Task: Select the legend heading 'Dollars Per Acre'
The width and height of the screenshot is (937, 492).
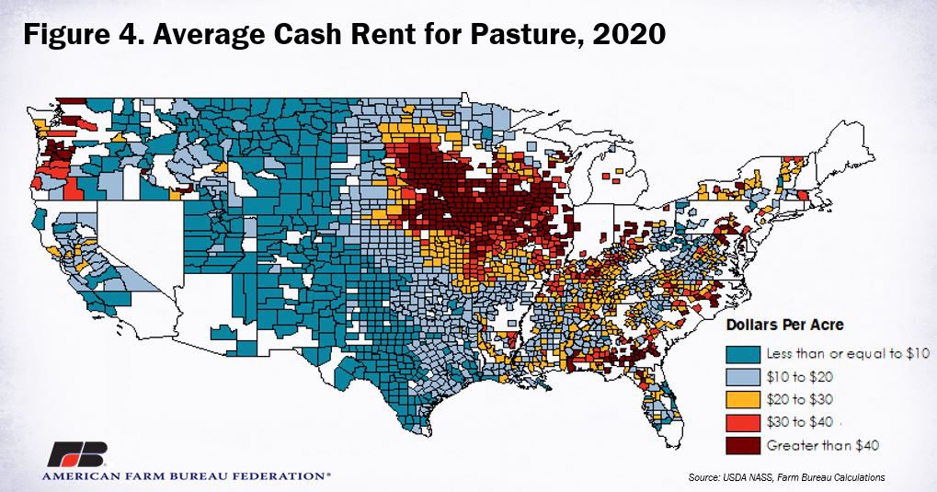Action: click(x=785, y=325)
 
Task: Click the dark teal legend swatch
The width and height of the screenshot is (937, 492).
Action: click(x=743, y=353)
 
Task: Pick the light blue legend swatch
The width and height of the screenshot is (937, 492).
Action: click(x=743, y=376)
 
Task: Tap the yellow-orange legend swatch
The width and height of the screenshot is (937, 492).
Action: click(x=743, y=399)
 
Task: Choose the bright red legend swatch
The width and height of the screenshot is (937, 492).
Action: click(x=743, y=422)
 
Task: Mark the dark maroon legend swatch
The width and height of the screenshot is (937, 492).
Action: click(x=743, y=445)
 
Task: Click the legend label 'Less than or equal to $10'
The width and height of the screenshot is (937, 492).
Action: click(x=849, y=353)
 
